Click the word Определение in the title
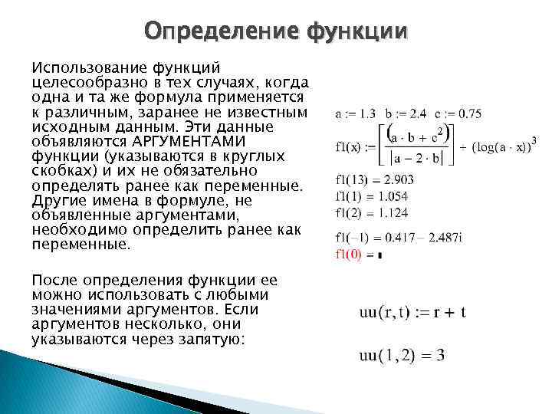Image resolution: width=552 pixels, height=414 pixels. click(222, 31)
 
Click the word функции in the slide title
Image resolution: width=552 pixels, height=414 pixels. click(358, 31)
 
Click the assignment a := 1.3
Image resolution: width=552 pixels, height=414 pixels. click(355, 113)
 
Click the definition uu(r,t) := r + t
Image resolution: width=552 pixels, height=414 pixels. click(412, 312)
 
